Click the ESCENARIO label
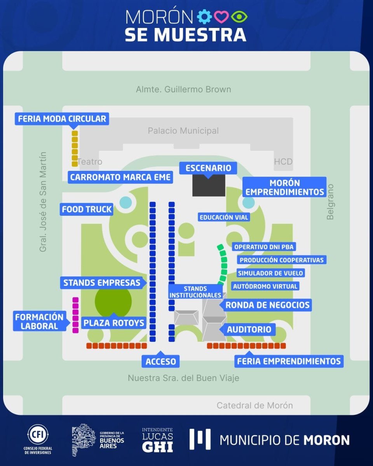pos(208,168)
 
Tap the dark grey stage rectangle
pos(209,186)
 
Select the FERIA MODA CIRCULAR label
pos(62,118)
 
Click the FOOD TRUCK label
pos(87,209)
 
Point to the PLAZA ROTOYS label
pos(113,323)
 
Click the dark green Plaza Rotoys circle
pos(113,302)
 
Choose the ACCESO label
pos(161,362)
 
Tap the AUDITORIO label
pos(249,330)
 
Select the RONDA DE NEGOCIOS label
pos(267,305)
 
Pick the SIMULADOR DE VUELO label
pos(270,273)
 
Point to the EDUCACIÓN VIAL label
pos(223,217)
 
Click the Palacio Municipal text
pos(183,131)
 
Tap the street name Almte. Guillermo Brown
pos(183,89)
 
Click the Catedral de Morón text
pos(254,405)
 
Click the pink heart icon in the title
pos(221,17)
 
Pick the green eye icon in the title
pos(239,17)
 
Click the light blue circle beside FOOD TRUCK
pos(125,202)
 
